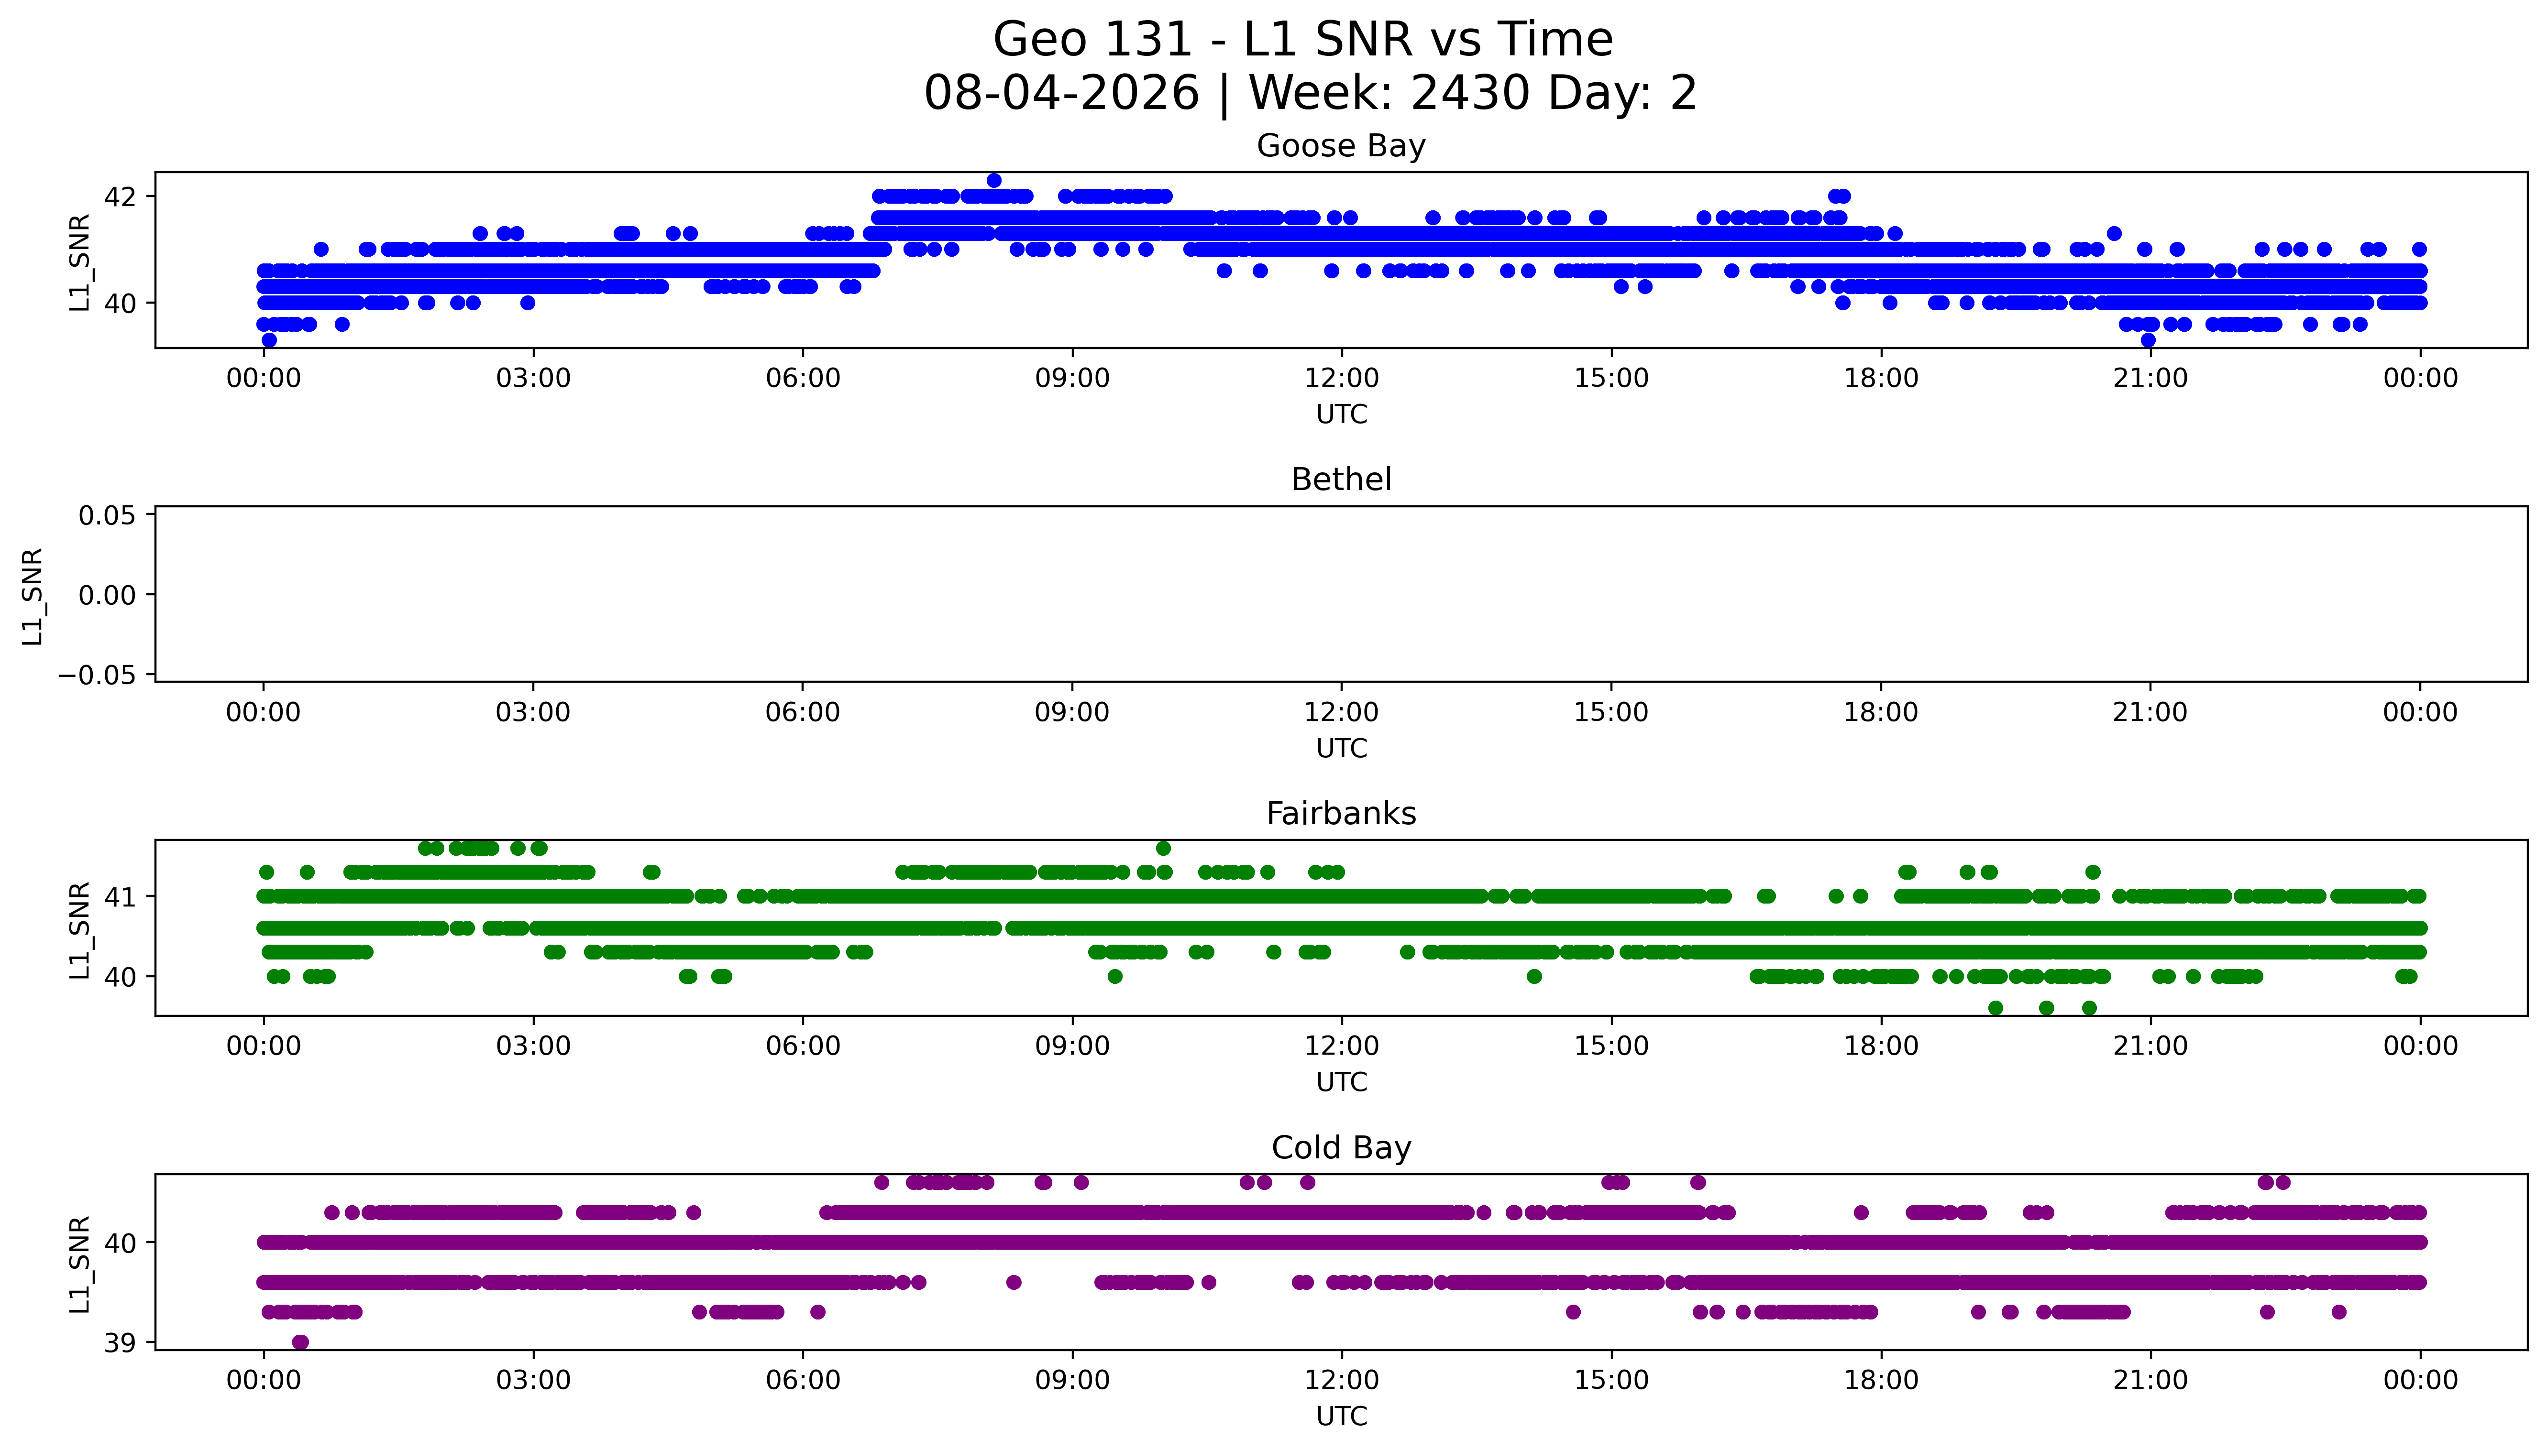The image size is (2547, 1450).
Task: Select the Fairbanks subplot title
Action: click(1341, 814)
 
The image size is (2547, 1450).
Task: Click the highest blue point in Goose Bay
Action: click(993, 180)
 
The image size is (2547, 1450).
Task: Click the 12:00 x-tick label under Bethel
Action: click(1341, 712)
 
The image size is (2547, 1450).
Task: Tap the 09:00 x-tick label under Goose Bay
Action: click(1072, 379)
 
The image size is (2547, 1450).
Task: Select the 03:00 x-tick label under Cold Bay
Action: click(533, 1380)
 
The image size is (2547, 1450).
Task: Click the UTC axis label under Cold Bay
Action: click(1341, 1416)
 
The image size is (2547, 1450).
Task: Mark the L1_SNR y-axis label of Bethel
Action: click(33, 596)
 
